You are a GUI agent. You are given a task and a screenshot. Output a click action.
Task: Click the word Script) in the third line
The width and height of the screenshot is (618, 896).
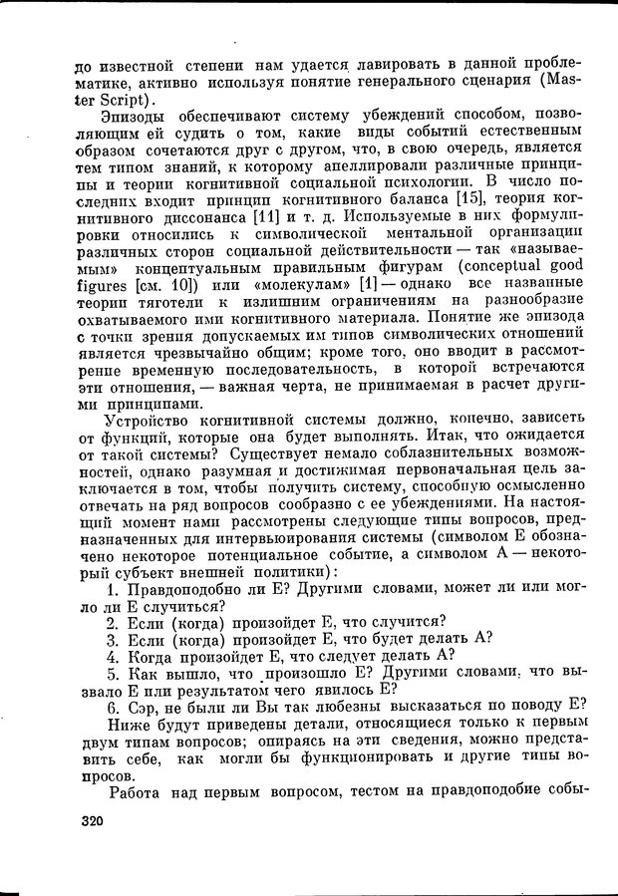[x=114, y=101]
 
